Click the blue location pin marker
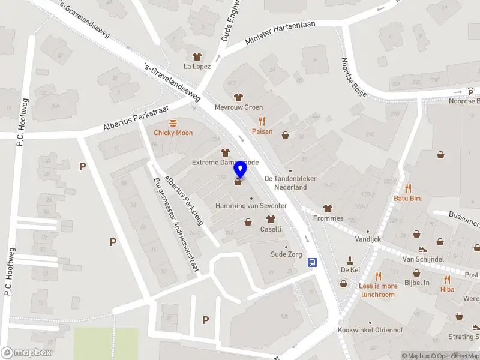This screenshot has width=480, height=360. click(x=240, y=169)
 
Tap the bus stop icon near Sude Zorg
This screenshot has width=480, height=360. click(x=313, y=262)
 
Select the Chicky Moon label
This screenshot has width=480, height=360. click(x=173, y=133)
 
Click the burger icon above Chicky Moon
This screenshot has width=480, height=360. click(x=173, y=123)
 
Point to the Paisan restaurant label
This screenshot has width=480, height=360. click(x=262, y=131)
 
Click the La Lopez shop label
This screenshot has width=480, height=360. click(x=197, y=66)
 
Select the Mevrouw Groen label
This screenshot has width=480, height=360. click(x=239, y=107)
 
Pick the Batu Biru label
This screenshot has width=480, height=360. click(x=409, y=198)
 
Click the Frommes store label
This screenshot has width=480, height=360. click(x=328, y=218)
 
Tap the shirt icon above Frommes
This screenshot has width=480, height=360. click(x=328, y=208)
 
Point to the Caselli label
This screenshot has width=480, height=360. click(x=271, y=229)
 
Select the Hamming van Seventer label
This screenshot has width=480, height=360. click(x=251, y=206)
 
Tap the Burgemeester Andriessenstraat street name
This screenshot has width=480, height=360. click(x=176, y=225)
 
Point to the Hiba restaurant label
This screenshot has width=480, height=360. click(x=448, y=290)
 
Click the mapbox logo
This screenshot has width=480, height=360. click(x=25, y=353)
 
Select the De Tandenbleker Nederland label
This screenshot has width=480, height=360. click(x=290, y=182)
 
